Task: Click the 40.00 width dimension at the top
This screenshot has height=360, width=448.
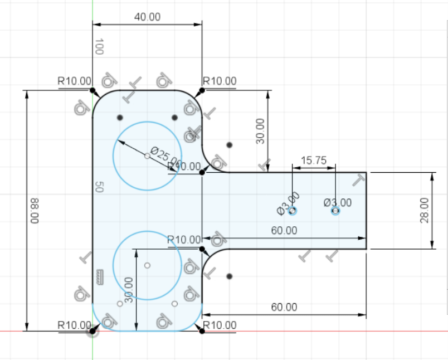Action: (147, 17)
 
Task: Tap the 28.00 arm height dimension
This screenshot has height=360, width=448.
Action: (425, 211)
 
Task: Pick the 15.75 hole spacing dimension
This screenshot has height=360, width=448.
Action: (313, 160)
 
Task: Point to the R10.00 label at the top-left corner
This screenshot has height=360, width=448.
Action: (74, 81)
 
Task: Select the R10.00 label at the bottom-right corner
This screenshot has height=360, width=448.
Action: (220, 325)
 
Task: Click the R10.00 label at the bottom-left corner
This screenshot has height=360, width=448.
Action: (74, 325)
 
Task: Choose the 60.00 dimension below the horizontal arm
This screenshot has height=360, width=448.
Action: (284, 307)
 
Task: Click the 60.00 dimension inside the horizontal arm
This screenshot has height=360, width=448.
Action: (284, 230)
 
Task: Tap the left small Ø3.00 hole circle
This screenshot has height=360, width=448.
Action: (293, 211)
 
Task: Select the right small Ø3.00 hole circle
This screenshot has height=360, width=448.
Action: (335, 211)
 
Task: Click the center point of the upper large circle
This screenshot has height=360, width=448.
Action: (147, 156)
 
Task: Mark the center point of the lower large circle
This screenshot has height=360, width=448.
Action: (147, 265)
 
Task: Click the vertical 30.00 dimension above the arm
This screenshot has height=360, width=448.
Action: (260, 131)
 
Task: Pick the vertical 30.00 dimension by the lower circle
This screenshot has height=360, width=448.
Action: (129, 290)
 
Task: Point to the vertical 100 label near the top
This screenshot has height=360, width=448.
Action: (99, 47)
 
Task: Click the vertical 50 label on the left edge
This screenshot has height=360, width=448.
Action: (99, 187)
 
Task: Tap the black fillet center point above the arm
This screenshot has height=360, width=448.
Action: (230, 145)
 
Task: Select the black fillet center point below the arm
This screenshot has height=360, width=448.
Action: (230, 276)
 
